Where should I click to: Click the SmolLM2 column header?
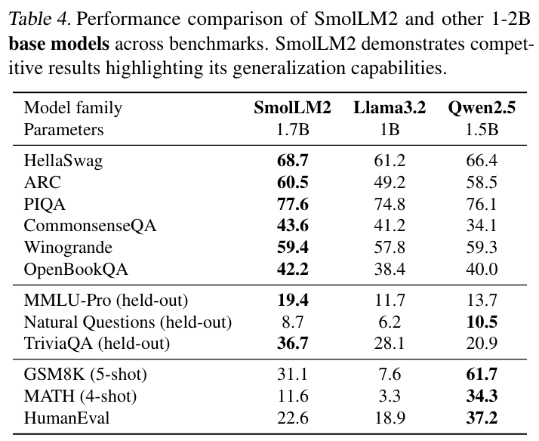292,108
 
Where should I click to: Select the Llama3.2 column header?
390,108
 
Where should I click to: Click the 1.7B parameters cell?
292,130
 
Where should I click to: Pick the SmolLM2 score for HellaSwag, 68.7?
292,160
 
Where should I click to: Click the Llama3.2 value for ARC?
390,182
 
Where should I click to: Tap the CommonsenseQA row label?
85,226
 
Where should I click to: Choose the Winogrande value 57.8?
390,248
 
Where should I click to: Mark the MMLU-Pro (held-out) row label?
106,301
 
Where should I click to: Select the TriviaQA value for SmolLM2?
292,344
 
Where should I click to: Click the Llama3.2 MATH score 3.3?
390,397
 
